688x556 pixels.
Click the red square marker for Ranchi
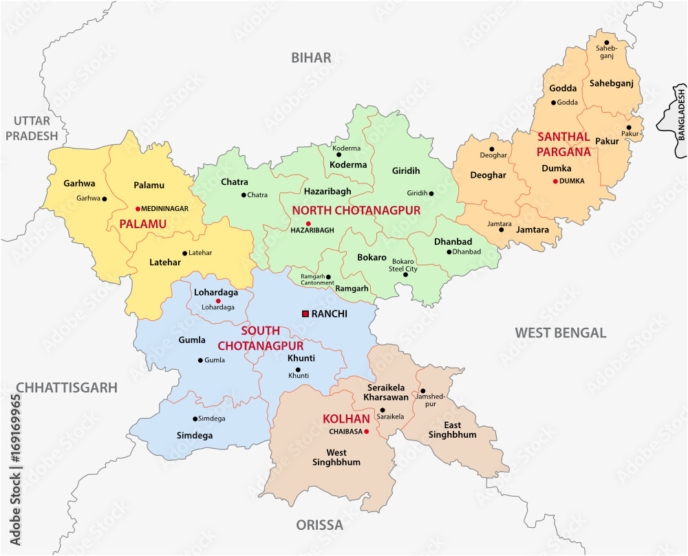coord(305,313)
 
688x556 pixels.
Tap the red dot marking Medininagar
coord(138,208)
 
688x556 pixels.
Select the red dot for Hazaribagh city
coord(308,223)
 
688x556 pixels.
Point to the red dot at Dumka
coord(555,181)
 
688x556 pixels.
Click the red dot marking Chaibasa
coord(367,432)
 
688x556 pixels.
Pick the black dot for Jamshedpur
coord(423,390)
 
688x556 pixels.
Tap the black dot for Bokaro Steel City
coord(405,274)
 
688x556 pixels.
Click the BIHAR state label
coord(311,58)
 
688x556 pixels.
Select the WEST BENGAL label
coord(560,333)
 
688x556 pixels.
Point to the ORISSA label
coord(319,526)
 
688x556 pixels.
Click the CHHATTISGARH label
coord(67,388)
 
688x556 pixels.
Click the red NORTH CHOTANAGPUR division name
coord(356,210)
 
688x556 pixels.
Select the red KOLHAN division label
coord(342,419)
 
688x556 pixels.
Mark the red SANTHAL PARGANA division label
coord(564,144)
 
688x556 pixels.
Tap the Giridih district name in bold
coord(406,170)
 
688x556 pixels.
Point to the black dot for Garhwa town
coord(105,199)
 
